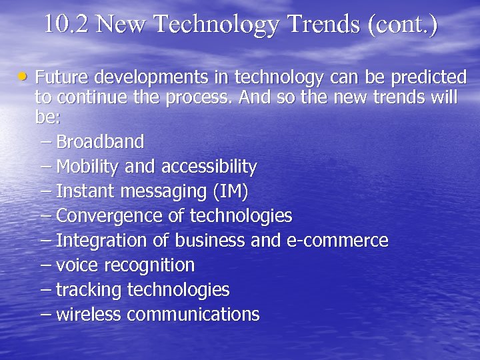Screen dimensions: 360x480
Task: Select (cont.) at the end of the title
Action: pyautogui.click(x=402, y=25)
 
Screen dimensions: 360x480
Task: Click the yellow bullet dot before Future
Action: pyautogui.click(x=24, y=77)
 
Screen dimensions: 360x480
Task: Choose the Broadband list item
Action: pyautogui.click(x=100, y=142)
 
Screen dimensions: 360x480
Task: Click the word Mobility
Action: pyautogui.click(x=84, y=167)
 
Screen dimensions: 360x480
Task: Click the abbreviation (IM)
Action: pyautogui.click(x=230, y=191)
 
